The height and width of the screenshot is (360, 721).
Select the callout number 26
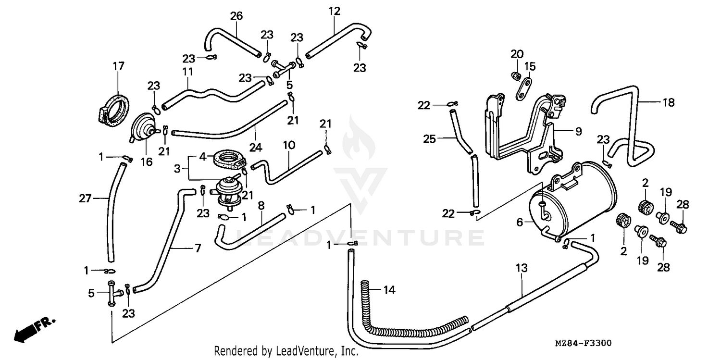[236, 16]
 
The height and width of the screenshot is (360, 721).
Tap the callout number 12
[335, 11]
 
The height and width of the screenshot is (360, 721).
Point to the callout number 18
[668, 102]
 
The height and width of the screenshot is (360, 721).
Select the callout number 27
[85, 198]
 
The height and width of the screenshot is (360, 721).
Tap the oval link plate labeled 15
[524, 89]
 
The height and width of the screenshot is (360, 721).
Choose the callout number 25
[429, 139]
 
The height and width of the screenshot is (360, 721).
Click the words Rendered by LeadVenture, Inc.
[286, 351]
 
